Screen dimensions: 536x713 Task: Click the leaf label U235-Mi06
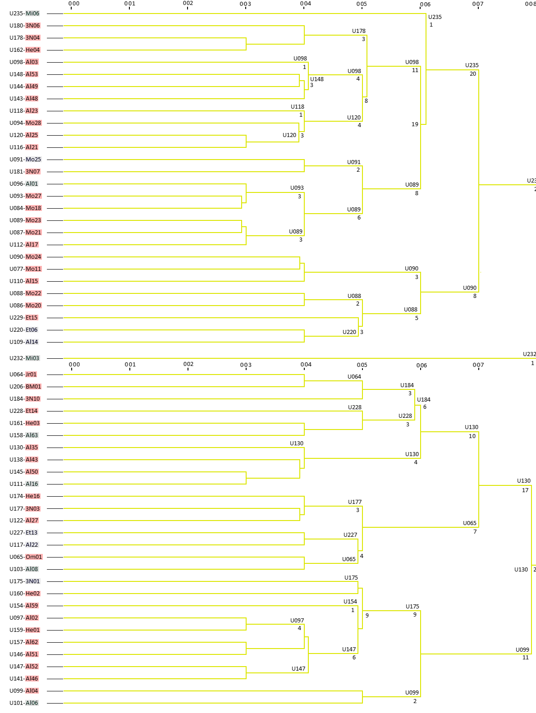(24, 14)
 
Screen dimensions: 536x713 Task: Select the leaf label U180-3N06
(25, 25)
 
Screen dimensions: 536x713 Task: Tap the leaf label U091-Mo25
(25, 159)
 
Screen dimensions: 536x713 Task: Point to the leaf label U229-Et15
(23, 317)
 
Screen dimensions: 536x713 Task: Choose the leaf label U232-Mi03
(24, 358)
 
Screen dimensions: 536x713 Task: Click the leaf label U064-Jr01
(23, 374)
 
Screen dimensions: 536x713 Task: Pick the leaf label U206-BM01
(25, 386)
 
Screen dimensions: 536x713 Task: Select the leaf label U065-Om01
(26, 557)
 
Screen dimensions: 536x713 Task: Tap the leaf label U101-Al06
(24, 703)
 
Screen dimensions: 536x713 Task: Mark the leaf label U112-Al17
(24, 244)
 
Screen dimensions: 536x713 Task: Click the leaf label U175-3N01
(25, 581)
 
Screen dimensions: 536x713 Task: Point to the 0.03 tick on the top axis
(246, 7)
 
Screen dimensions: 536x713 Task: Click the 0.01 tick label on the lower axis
(130, 365)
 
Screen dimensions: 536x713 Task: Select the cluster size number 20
(472, 74)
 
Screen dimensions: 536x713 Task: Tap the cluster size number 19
(415, 124)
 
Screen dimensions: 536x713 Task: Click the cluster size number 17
(525, 490)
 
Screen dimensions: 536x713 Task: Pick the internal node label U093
(297, 188)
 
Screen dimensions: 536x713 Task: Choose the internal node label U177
(355, 502)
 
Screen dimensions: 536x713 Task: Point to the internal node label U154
(350, 601)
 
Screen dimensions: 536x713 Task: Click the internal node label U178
(359, 31)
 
